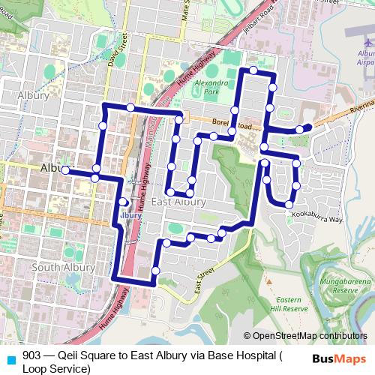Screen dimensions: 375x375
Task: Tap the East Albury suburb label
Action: (178, 202)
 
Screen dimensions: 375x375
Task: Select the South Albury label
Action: (64, 267)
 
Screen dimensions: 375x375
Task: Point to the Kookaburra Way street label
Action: (316, 220)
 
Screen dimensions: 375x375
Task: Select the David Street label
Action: (112, 49)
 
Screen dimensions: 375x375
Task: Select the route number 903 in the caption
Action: (32, 357)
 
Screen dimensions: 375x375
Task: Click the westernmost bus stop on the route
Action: (66, 171)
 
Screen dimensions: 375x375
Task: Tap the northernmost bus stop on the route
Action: (253, 70)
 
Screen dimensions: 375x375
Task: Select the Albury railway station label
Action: (130, 215)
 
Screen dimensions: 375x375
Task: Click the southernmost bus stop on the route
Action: (155, 270)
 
